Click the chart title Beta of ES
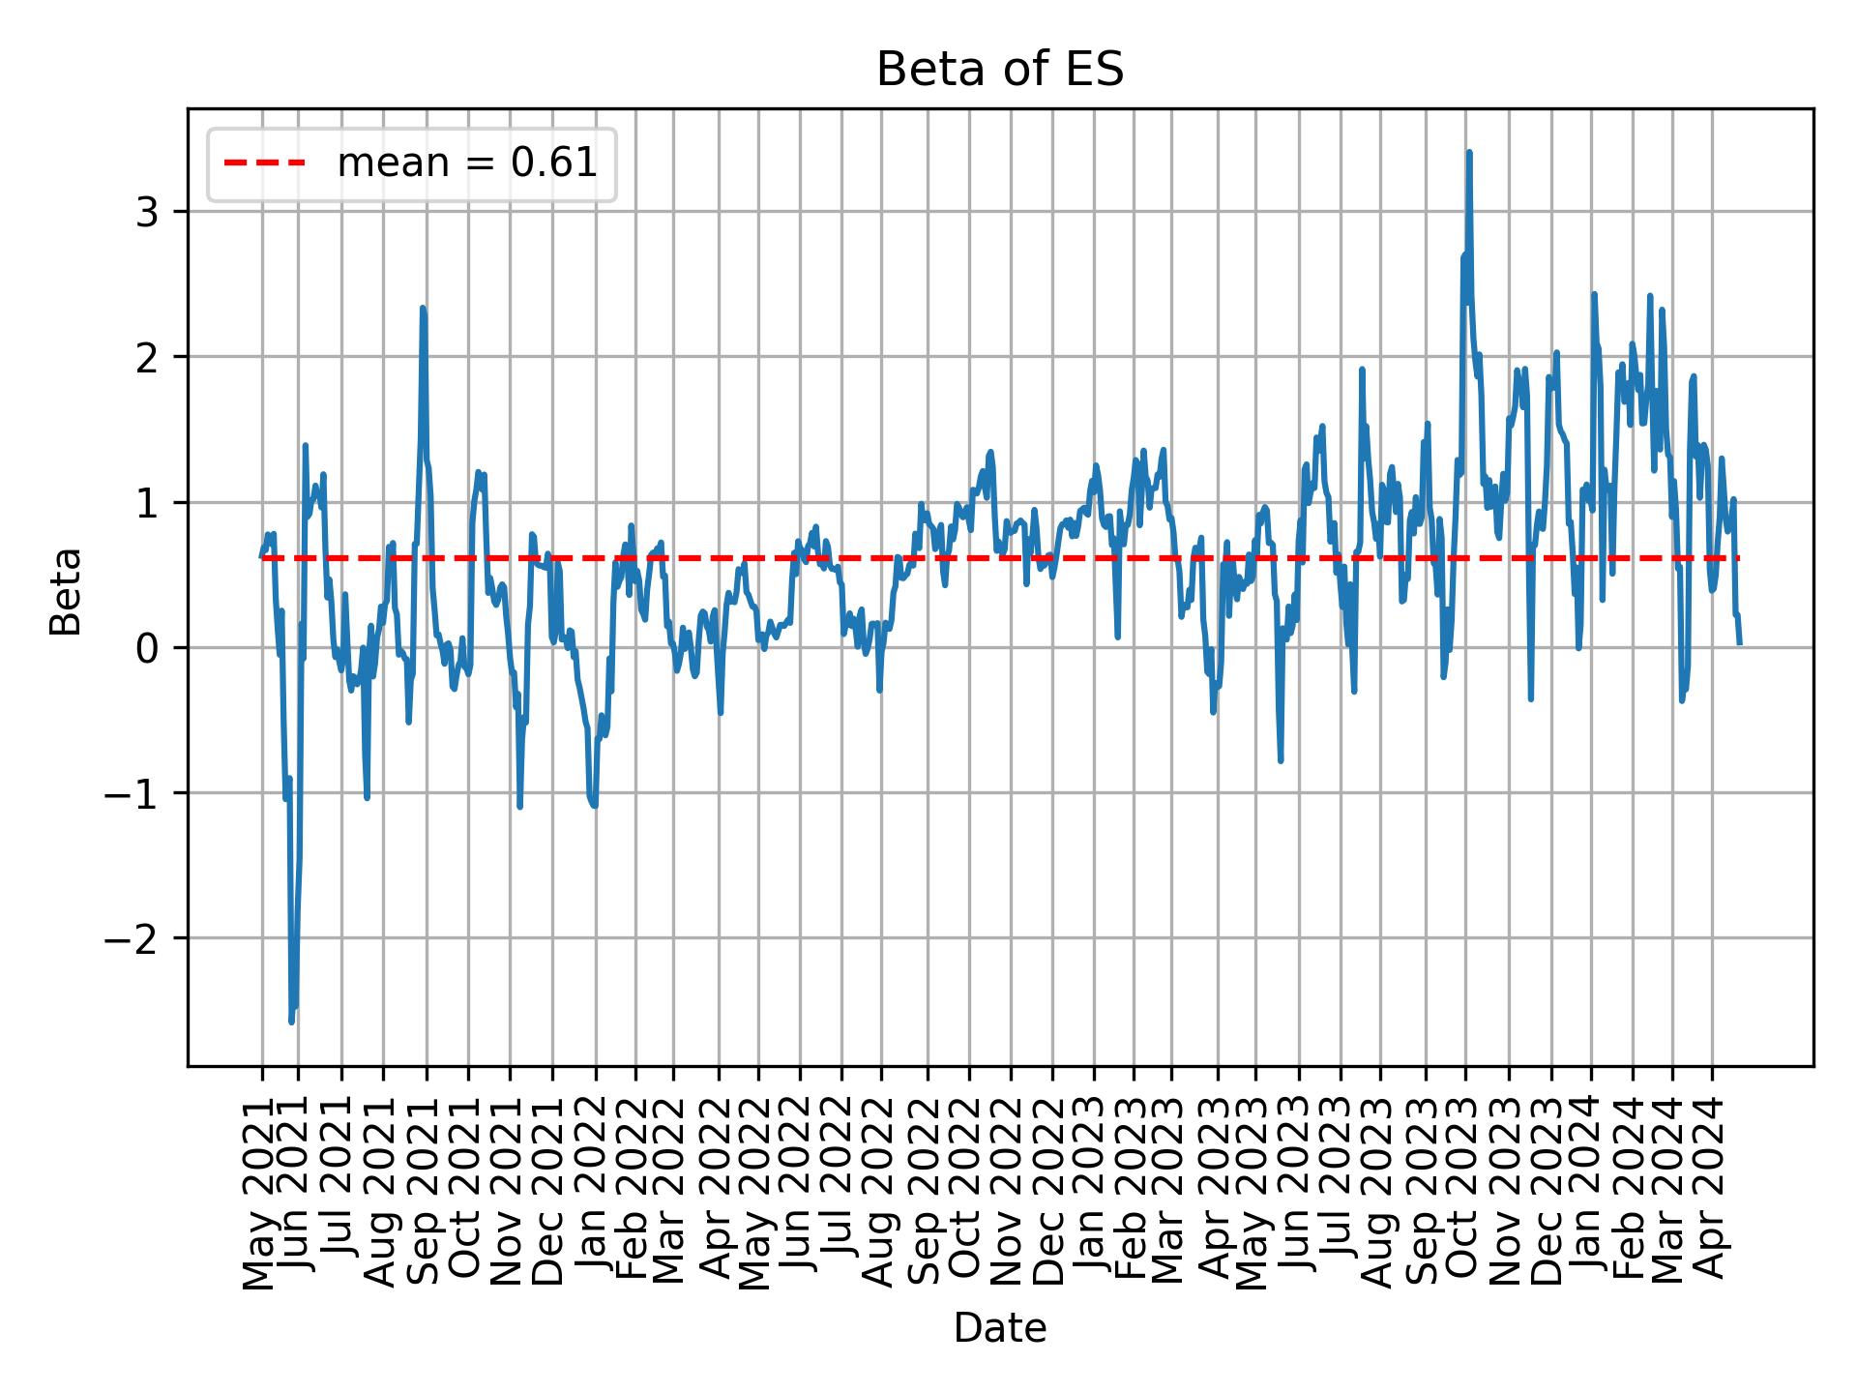coord(999,71)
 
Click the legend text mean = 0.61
coord(466,163)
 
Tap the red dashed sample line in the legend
coord(265,163)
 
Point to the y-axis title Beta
coord(66,591)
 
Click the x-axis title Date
coord(999,1328)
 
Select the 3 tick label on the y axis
coord(146,212)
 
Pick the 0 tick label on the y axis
coord(146,648)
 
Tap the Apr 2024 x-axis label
coord(1710,1192)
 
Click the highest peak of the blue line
coord(1468,152)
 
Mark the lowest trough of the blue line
coord(291,1022)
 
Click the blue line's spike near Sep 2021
coord(423,308)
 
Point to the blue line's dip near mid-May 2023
coord(1281,760)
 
